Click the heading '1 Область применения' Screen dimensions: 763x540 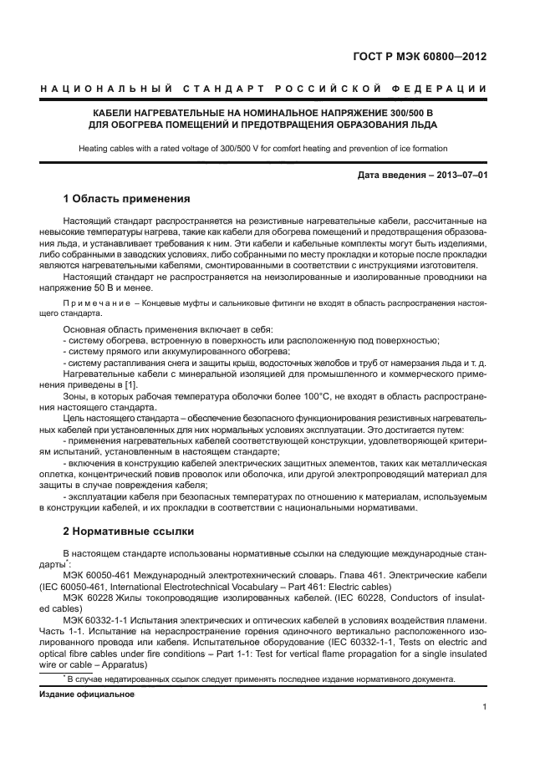[x=127, y=199]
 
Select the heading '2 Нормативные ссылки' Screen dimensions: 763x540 [x=129, y=532]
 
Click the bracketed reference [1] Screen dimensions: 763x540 [x=130, y=384]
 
